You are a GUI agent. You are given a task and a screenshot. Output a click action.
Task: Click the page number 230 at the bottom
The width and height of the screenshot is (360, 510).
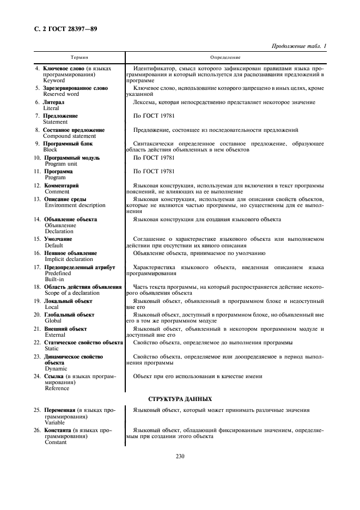[x=180, y=456]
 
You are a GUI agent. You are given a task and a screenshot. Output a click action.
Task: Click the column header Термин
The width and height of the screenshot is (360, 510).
[x=80, y=57]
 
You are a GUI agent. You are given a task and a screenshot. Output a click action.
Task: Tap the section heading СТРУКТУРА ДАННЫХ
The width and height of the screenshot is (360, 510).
[x=180, y=399]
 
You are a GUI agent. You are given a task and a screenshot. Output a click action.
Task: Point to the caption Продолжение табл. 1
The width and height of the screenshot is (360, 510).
[x=298, y=46]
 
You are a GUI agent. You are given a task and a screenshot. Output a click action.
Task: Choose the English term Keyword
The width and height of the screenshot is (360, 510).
[x=54, y=80]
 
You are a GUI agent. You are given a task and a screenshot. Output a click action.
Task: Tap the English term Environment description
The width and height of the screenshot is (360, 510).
[x=75, y=205]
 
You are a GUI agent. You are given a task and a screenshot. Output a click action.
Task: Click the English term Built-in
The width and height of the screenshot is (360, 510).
[x=54, y=280]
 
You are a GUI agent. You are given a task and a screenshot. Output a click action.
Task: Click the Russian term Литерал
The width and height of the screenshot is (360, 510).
[x=53, y=102]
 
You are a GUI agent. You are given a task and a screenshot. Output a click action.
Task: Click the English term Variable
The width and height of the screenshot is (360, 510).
[x=54, y=422]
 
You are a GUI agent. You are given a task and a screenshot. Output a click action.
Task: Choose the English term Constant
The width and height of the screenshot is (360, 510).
[x=56, y=442]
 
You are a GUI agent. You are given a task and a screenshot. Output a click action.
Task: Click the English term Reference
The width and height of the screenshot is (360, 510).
[x=57, y=388]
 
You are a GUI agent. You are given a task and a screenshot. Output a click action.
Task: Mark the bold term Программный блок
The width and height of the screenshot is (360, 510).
[x=68, y=144]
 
